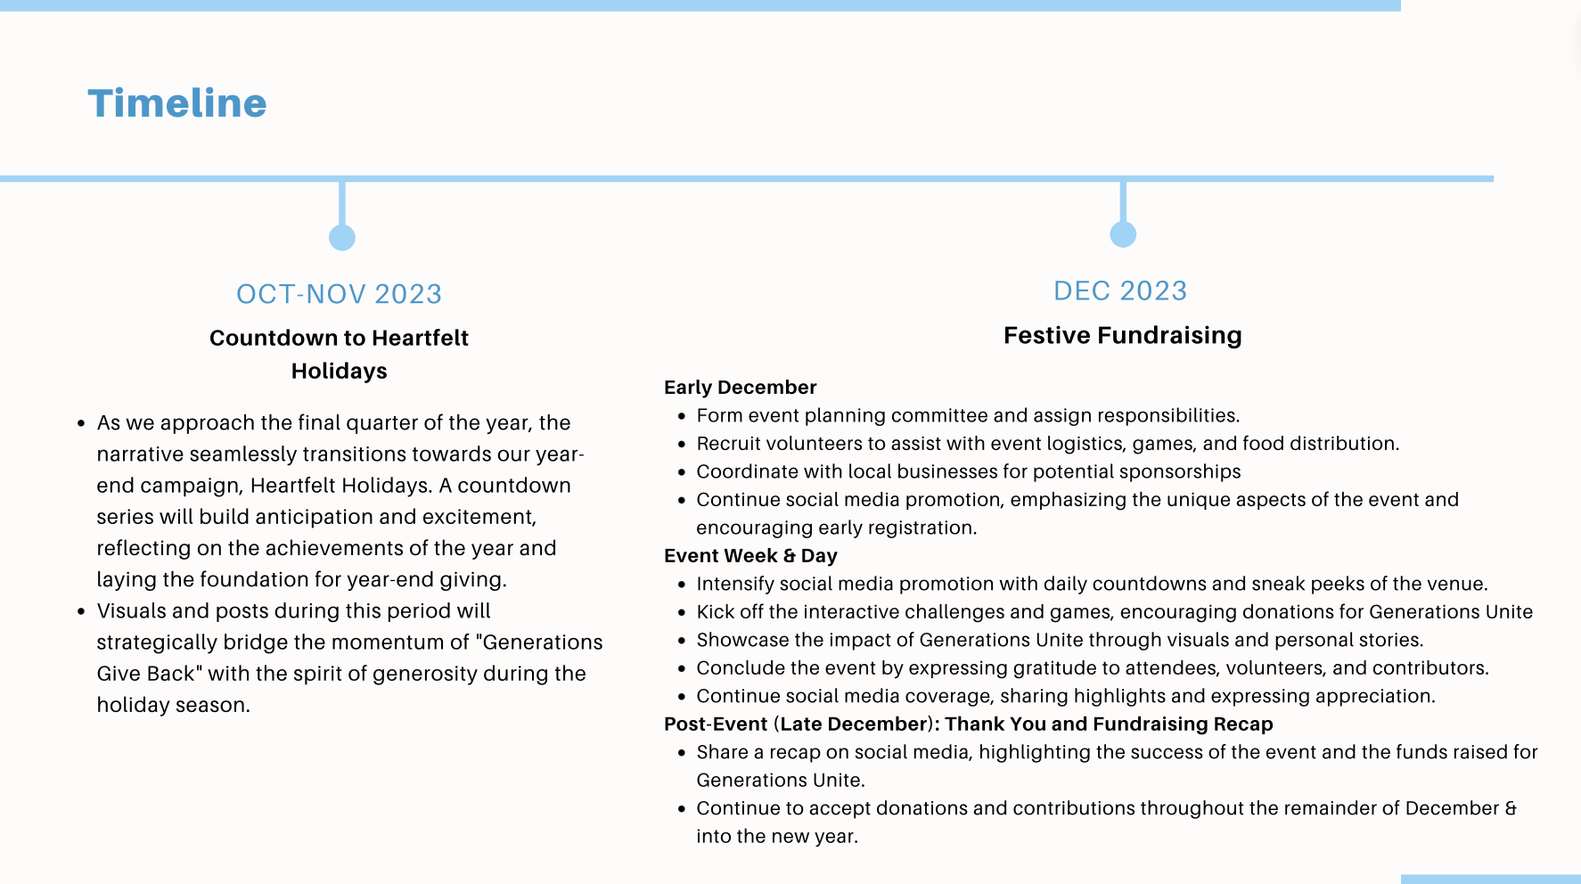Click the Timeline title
[x=177, y=103]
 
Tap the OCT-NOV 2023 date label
[x=339, y=294]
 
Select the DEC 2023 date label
[x=1120, y=291]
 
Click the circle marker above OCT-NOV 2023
[x=342, y=238]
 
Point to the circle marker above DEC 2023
[x=1123, y=234]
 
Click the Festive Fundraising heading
[x=1122, y=335]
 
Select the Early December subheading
[x=740, y=388]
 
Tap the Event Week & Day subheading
[x=750, y=556]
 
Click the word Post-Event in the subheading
[x=716, y=724]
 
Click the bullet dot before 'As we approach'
[x=81, y=424]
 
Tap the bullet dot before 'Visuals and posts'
[x=81, y=612]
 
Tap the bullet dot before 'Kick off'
[x=682, y=613]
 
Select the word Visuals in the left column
[x=131, y=611]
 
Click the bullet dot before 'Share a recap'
[x=682, y=754]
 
